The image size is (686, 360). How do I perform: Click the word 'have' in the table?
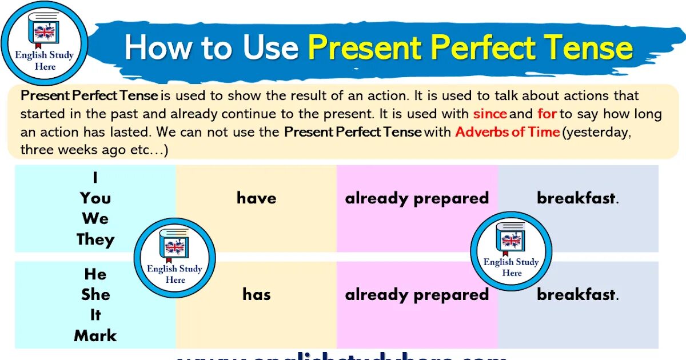[x=256, y=198]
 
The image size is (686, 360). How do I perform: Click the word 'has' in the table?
[x=256, y=295]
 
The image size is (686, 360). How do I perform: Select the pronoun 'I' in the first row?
[x=95, y=178]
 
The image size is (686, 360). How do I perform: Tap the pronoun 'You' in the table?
[x=95, y=198]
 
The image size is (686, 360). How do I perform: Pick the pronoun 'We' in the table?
[x=95, y=219]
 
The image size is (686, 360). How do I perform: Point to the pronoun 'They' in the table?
[x=95, y=239]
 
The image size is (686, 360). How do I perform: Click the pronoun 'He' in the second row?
[x=95, y=274]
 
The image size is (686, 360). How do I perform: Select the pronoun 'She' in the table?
[x=95, y=295]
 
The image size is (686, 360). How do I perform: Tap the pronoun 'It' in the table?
[x=95, y=315]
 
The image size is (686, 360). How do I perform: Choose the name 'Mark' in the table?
[x=95, y=335]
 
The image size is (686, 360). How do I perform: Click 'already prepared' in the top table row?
[x=417, y=198]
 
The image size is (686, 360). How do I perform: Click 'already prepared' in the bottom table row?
[x=417, y=295]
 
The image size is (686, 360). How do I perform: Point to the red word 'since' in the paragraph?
[x=490, y=114]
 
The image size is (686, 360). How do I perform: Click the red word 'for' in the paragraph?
[x=547, y=114]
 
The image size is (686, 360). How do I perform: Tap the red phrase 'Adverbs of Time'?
[x=507, y=132]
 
